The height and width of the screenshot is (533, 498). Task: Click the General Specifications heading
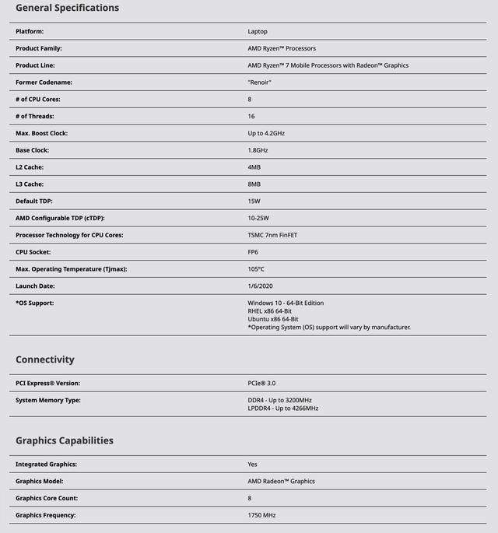coord(68,8)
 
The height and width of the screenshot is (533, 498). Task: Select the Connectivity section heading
coord(45,359)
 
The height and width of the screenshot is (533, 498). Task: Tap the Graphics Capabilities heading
coord(65,440)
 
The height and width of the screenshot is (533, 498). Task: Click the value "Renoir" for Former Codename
coord(260,82)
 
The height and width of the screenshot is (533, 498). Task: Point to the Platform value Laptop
coord(258,31)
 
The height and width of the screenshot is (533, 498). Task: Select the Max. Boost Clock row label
coord(41,133)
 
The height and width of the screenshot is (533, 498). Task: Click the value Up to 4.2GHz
coord(266,133)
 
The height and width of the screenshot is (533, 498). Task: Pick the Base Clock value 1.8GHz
coord(258,150)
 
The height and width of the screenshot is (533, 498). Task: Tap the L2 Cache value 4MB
coord(254,167)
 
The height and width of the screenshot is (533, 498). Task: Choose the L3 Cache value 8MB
coord(254,184)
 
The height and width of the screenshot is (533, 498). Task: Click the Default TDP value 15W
coord(254,202)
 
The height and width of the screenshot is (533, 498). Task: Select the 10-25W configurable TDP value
coord(258,218)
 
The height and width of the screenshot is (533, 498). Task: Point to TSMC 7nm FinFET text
coord(272,235)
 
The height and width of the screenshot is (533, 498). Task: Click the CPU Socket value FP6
coord(253,252)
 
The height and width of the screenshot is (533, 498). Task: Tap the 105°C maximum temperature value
coord(257,269)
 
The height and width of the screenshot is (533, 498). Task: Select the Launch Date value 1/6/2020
coord(261,286)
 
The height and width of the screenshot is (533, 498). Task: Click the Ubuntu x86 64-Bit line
coord(273,319)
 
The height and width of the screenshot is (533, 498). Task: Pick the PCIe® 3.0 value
coord(261,383)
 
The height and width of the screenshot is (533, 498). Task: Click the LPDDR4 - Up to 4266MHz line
coord(283,408)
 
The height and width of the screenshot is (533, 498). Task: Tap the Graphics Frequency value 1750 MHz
coord(261,515)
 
